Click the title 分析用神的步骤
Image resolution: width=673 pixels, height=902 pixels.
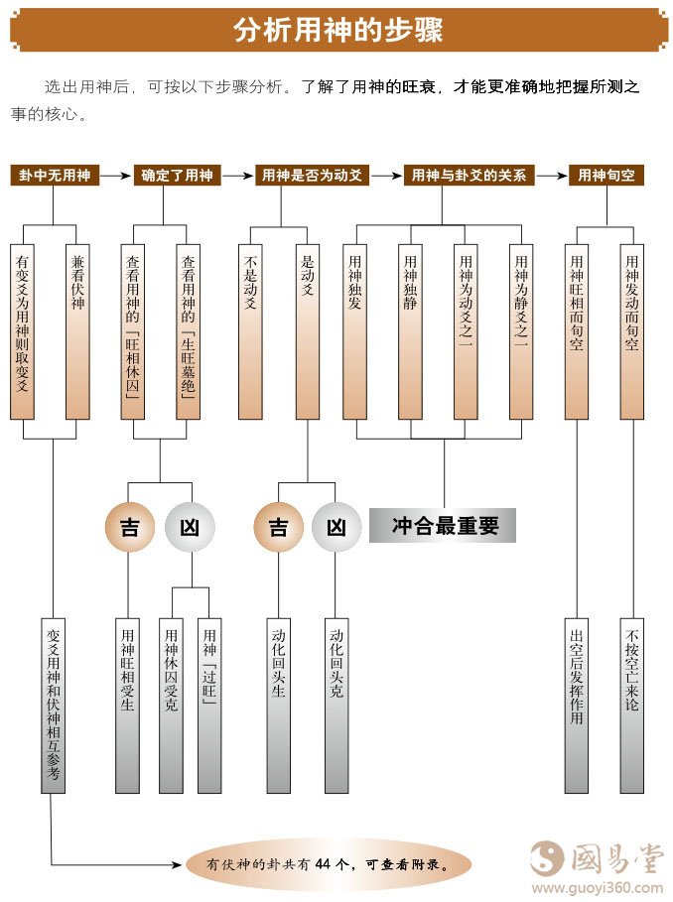click(x=337, y=30)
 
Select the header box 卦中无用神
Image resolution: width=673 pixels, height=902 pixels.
click(x=55, y=176)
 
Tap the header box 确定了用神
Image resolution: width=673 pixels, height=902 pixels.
click(x=177, y=176)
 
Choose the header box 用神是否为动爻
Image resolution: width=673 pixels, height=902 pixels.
click(x=311, y=176)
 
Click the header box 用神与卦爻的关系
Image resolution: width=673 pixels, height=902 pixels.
click(x=469, y=176)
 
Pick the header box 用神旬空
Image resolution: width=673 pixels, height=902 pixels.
click(x=606, y=176)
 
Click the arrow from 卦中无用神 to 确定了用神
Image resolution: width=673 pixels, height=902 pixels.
click(x=116, y=176)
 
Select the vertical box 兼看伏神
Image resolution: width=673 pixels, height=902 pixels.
click(x=77, y=331)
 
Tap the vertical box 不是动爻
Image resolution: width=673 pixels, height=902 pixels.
click(x=251, y=331)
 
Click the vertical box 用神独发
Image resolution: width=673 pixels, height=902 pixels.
click(x=355, y=331)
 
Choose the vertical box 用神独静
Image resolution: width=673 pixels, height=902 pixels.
click(x=410, y=331)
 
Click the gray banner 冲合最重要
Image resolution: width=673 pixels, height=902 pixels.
click(x=443, y=526)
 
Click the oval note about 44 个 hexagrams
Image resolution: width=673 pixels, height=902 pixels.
click(x=328, y=863)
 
